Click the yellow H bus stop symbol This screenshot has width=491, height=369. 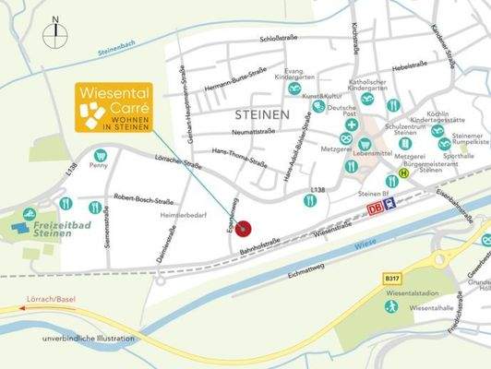pos(403,173)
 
